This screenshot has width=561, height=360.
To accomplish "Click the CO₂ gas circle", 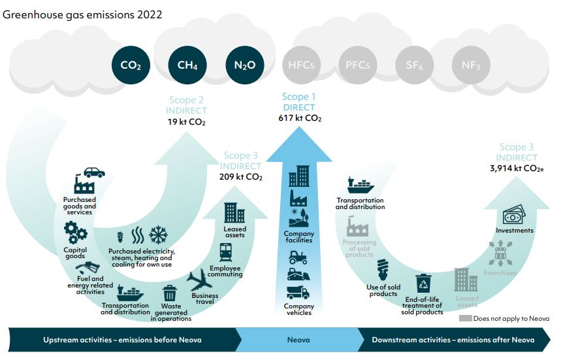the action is pyautogui.click(x=131, y=65).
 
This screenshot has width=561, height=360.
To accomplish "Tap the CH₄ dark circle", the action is pyautogui.click(x=187, y=65).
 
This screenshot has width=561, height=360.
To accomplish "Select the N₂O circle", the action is pyautogui.click(x=245, y=65).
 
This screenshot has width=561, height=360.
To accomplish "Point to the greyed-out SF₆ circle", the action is pyautogui.click(x=414, y=65).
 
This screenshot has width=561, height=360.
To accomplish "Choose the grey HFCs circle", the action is pyautogui.click(x=301, y=65).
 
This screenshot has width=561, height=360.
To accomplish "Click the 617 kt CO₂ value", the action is pyautogui.click(x=300, y=118).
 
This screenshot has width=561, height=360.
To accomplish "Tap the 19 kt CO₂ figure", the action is pyautogui.click(x=186, y=122).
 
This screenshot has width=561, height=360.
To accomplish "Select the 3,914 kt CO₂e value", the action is pyautogui.click(x=517, y=168).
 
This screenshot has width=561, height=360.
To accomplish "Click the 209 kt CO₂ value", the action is pyautogui.click(x=241, y=177).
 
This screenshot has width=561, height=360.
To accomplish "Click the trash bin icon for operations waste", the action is pyautogui.click(x=170, y=293).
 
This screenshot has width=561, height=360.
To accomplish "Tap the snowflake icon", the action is pyautogui.click(x=158, y=235).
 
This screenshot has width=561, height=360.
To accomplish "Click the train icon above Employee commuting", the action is pyautogui.click(x=226, y=253).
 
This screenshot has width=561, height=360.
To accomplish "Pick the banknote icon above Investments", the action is pyautogui.click(x=514, y=215).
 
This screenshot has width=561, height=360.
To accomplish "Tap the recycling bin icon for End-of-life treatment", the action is pyautogui.click(x=424, y=284).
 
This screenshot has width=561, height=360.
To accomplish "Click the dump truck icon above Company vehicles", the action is pyautogui.click(x=298, y=292).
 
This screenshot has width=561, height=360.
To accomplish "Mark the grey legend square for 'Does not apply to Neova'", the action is pyautogui.click(x=465, y=318).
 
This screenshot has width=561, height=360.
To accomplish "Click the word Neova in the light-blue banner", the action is pyautogui.click(x=298, y=340).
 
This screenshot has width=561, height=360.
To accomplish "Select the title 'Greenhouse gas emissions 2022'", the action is pyautogui.click(x=82, y=14).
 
